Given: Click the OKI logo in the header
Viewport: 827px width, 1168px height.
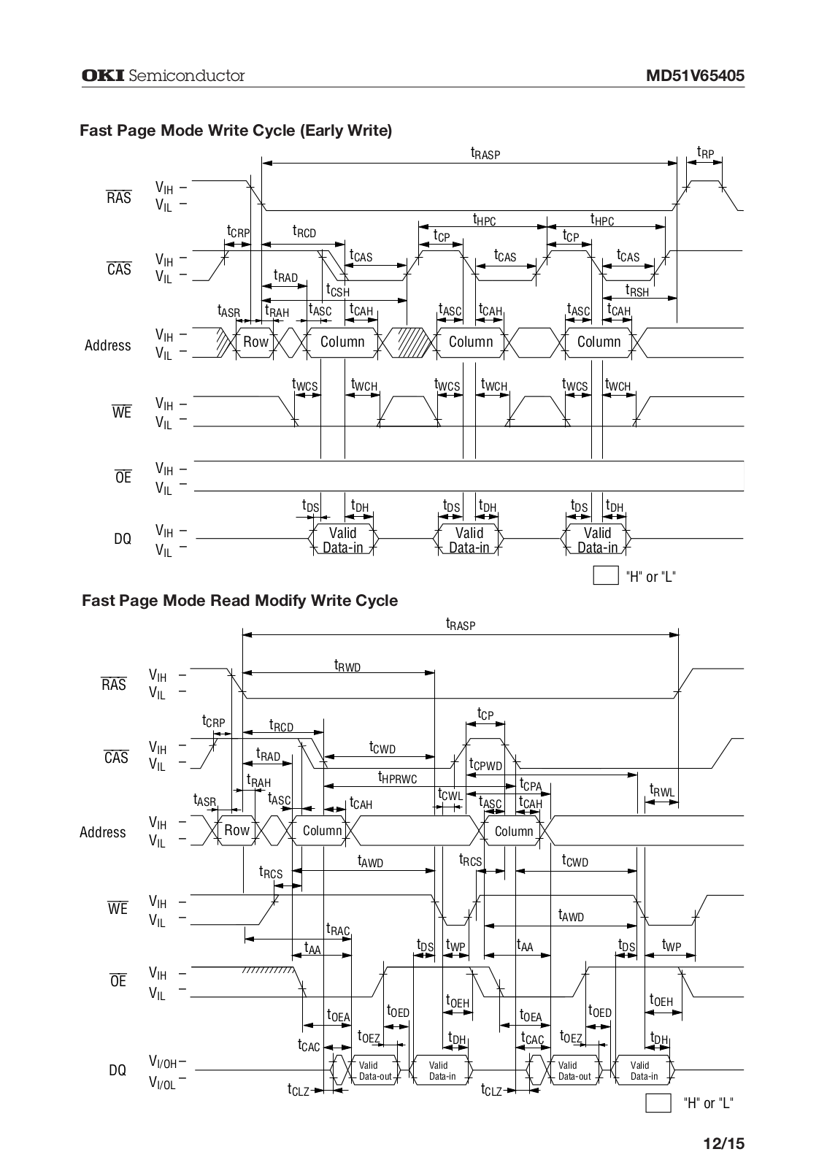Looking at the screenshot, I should [x=103, y=75].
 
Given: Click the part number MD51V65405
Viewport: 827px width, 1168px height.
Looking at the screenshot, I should [x=695, y=76].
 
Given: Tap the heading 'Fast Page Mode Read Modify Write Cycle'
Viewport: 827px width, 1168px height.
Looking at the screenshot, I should [x=239, y=601].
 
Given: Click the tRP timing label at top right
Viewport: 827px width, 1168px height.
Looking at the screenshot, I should [x=705, y=153].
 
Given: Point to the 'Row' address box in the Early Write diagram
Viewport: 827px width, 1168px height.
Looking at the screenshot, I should [x=255, y=342].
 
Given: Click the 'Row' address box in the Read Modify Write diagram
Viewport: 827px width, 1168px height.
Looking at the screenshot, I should [x=236, y=830].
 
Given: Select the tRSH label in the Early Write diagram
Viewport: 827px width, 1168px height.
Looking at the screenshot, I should [x=636, y=291].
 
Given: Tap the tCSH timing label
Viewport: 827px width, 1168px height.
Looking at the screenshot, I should [x=337, y=291].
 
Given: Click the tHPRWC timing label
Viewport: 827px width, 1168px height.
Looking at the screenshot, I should [x=397, y=778].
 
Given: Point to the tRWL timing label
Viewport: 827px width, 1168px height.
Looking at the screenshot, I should [x=662, y=791].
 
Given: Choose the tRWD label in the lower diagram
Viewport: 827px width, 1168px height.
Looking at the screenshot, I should [x=347, y=665].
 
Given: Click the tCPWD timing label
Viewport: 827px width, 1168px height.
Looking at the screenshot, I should [x=485, y=765].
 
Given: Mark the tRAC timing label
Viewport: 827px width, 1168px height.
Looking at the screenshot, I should [x=338, y=929].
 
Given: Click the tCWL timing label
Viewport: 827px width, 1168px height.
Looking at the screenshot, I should [x=450, y=794].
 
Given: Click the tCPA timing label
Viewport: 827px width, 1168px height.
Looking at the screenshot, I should [x=530, y=785].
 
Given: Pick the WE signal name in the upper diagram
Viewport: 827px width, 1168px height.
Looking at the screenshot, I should [x=122, y=412].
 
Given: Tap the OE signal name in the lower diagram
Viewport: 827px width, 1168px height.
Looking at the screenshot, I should [x=118, y=981].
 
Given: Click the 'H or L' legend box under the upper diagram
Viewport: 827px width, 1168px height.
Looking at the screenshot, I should [x=606, y=576].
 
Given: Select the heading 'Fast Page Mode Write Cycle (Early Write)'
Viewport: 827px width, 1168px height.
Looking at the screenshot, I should [x=236, y=131].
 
